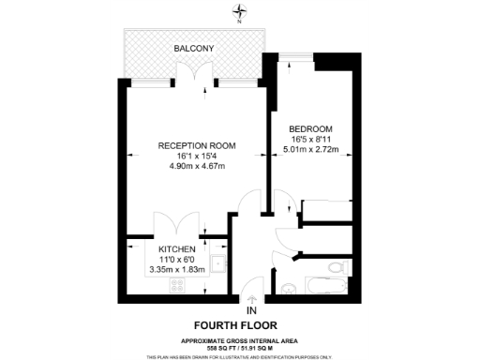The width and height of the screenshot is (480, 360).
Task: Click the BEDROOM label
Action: pos(308,127)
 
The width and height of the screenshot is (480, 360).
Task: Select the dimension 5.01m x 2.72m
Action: pos(308,148)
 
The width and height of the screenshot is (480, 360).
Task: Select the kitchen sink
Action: pos(217,263)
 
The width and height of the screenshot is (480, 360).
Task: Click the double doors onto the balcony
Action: pos(194,74)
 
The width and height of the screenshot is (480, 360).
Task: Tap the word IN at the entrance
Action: pos(250,310)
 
